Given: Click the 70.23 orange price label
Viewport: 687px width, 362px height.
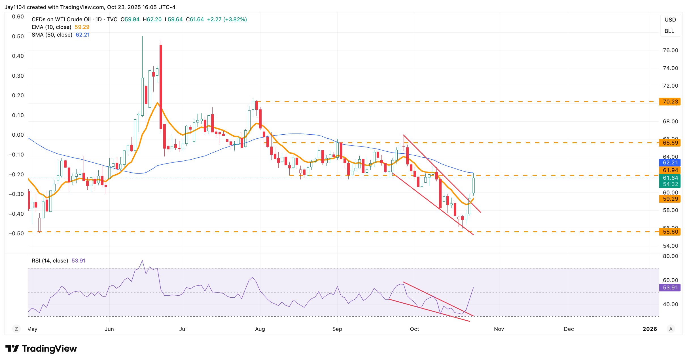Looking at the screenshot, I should (x=670, y=101).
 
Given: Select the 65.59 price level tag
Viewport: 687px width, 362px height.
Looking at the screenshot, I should (x=670, y=143).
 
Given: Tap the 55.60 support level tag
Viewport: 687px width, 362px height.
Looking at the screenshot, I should (x=670, y=232).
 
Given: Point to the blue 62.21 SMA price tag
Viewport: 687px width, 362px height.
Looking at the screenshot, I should (x=670, y=162).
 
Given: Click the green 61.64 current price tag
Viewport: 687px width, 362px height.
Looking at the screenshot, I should (x=670, y=178).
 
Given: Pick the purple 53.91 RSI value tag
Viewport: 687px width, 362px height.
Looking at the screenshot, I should (x=670, y=287).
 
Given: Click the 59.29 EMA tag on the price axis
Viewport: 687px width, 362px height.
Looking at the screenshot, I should (x=670, y=199).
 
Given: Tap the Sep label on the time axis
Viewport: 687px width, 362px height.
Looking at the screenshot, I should (x=337, y=329).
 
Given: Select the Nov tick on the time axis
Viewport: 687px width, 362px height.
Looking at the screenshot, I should (x=499, y=329).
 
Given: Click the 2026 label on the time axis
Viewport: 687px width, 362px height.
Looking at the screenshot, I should (x=650, y=329).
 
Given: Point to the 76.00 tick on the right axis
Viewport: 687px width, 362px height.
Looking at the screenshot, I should (x=670, y=50).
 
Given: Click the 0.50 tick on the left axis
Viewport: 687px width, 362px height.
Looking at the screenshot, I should (x=18, y=36).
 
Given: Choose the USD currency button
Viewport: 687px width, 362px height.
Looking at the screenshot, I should (x=670, y=20).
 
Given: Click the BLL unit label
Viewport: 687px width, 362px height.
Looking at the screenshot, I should (x=669, y=31).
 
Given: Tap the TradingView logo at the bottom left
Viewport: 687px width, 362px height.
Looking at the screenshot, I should (x=41, y=348).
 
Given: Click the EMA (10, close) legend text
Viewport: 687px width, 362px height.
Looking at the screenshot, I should (x=51, y=27).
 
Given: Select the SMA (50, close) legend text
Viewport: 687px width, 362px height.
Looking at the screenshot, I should (x=52, y=35).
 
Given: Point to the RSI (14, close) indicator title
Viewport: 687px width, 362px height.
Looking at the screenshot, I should (x=50, y=261).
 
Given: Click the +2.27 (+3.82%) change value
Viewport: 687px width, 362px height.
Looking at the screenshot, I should (x=227, y=19).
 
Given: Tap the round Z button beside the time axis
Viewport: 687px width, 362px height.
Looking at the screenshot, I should (x=16, y=329).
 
